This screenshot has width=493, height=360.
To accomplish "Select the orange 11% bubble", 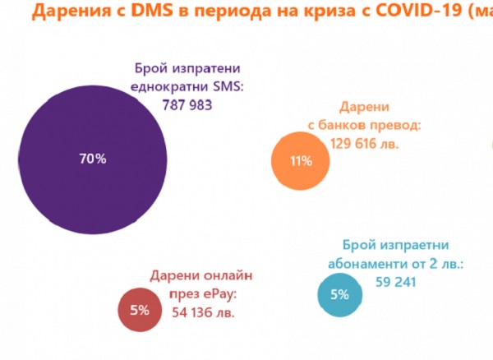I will [302, 161].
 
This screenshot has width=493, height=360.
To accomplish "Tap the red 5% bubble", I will [139, 310].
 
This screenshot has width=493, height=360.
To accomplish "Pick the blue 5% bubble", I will [340, 293].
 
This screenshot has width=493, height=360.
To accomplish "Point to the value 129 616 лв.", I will [375, 142].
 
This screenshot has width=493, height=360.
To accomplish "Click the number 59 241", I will [395, 282].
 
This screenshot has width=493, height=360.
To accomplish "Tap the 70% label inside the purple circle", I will [93, 159].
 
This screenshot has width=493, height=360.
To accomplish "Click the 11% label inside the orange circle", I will [302, 161].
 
